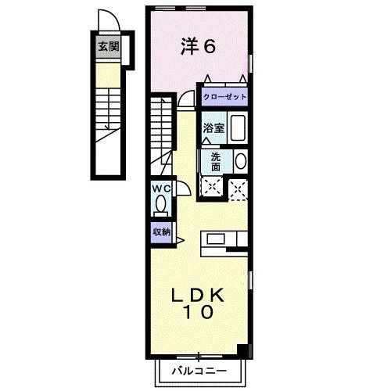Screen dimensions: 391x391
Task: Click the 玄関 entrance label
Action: (x=109, y=46)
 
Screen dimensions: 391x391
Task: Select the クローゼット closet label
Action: (x=224, y=97)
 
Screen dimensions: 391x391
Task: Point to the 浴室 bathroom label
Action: (x=215, y=128)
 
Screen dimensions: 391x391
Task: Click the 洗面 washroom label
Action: (x=215, y=160)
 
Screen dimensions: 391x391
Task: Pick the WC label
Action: (x=160, y=189)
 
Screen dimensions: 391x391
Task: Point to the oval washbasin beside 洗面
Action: (x=239, y=161)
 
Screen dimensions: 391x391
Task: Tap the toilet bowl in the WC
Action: (x=160, y=205)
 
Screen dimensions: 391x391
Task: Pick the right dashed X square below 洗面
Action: (x=238, y=187)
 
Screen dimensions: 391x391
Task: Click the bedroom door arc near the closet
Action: (x=186, y=99)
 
